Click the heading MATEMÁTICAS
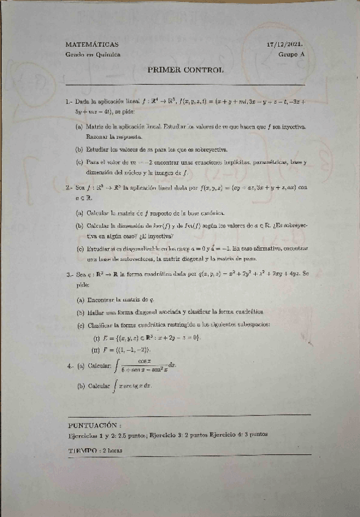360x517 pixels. click(92, 45)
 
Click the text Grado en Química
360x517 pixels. click(93, 55)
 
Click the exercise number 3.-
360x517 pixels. click(71, 274)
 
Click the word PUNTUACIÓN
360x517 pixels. click(94, 424)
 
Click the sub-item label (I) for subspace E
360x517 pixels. click(96, 338)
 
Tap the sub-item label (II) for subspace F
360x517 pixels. click(95, 350)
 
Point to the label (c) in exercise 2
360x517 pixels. click(80, 249)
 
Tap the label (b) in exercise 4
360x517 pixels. click(80, 386)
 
